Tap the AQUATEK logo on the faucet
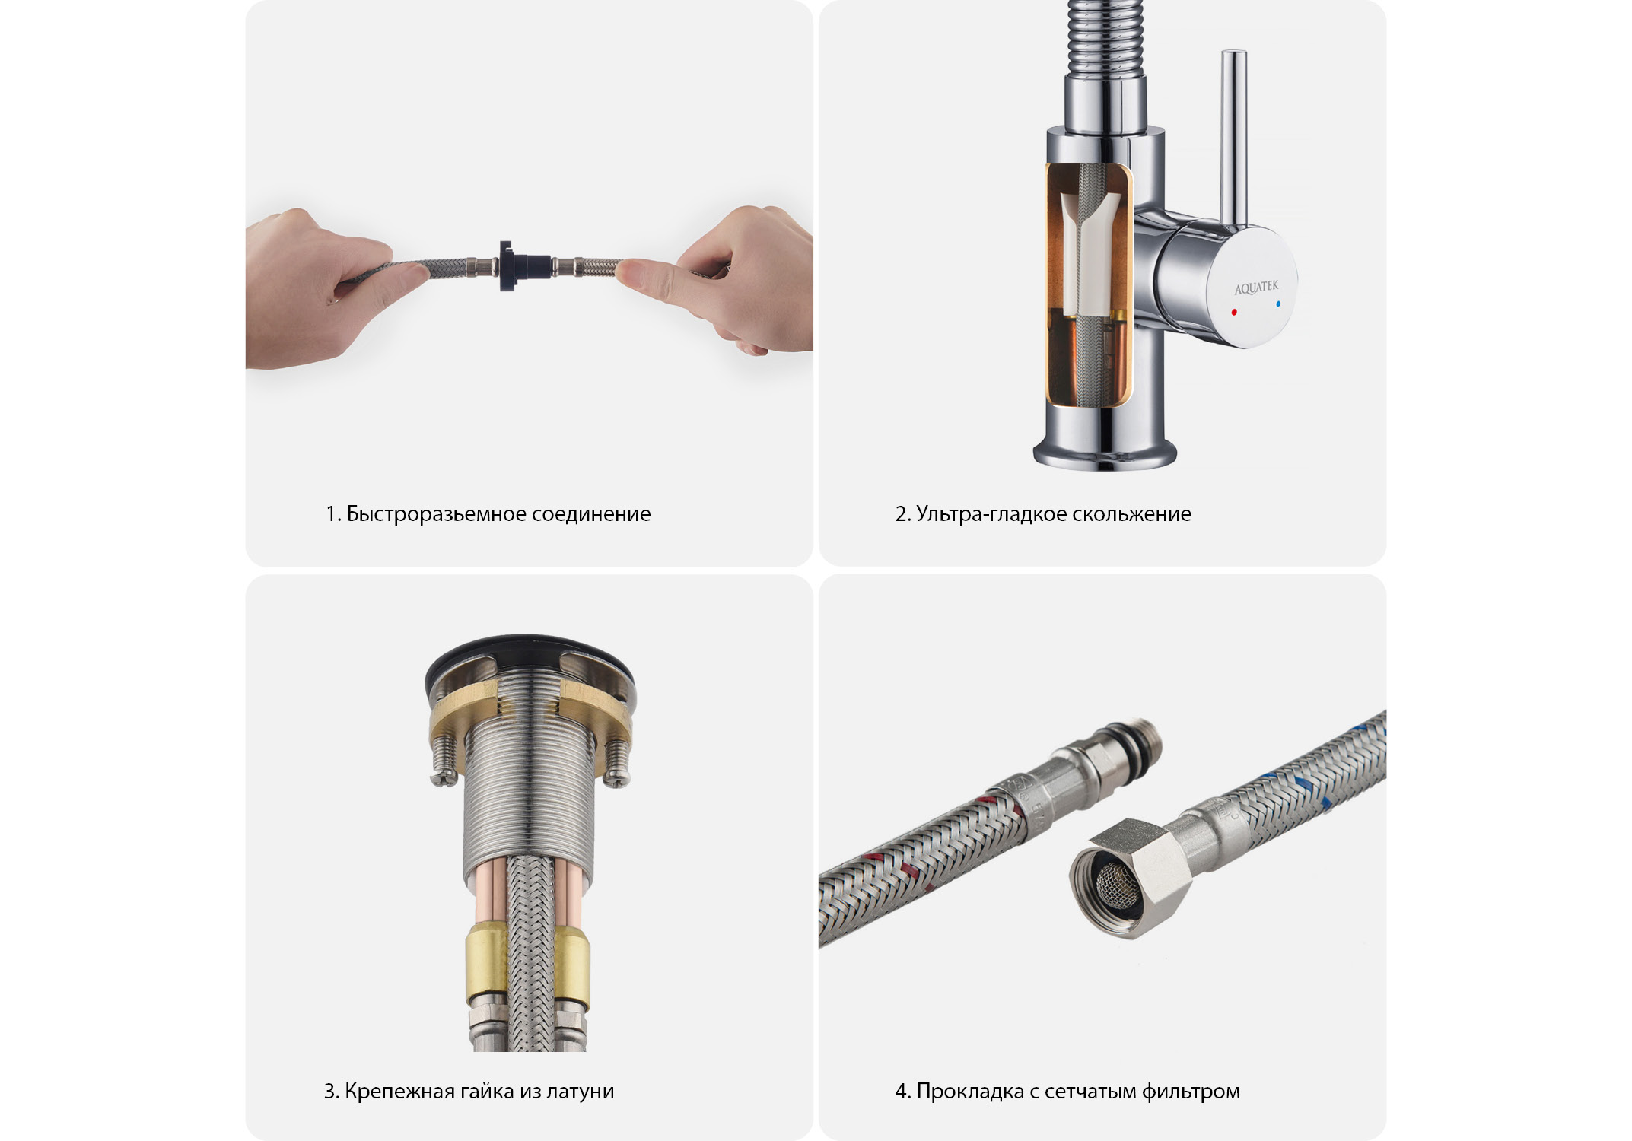tap(1256, 288)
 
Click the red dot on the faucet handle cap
tap(1234, 313)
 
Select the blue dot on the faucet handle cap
tap(1278, 304)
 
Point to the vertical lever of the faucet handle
tap(1233, 137)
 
